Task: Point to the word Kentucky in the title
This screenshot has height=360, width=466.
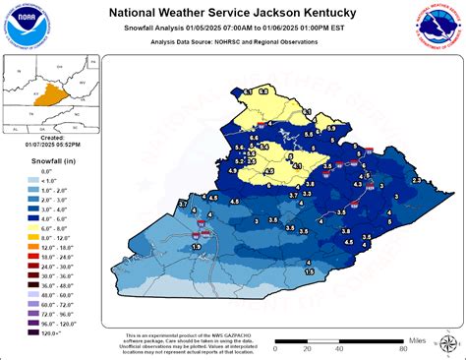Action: (333, 13)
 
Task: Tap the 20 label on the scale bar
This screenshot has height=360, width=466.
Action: (308, 348)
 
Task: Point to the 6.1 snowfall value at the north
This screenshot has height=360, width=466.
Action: (306, 116)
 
